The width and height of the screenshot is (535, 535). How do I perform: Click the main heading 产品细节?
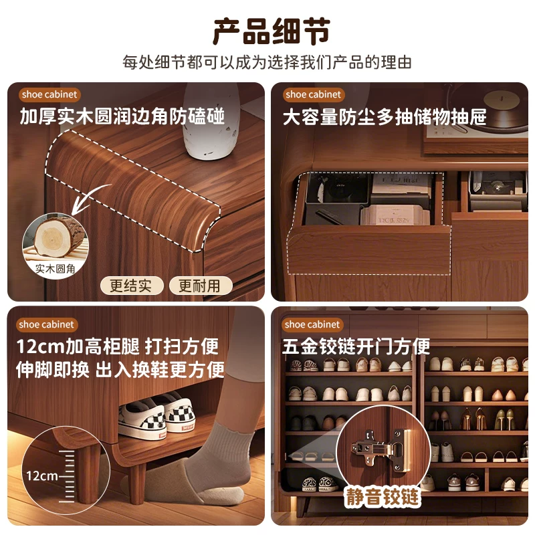[272, 31]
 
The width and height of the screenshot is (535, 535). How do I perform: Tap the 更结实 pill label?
[131, 286]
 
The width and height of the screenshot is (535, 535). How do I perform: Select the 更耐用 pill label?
[200, 286]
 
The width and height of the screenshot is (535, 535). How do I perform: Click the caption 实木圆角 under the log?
[56, 269]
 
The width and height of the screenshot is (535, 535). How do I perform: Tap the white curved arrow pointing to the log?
[90, 198]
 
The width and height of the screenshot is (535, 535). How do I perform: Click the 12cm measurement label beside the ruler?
[42, 475]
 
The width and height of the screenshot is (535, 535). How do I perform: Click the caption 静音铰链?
[383, 497]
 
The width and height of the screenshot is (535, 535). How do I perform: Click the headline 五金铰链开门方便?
[356, 346]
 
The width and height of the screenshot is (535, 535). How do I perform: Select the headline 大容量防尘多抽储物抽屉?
[385, 117]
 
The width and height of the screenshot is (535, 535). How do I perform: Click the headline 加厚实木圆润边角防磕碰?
[122, 116]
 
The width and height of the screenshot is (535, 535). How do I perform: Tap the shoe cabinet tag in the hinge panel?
[312, 324]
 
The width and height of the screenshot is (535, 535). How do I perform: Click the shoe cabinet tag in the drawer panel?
[313, 94]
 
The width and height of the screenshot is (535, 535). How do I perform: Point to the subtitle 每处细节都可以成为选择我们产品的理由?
[267, 62]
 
